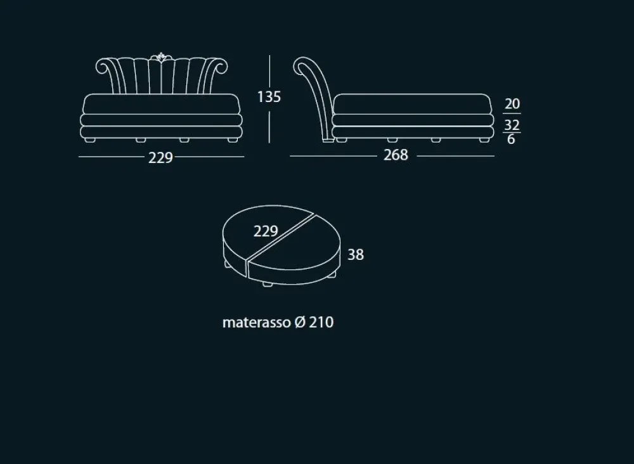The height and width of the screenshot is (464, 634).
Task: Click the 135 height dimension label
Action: (x=269, y=97)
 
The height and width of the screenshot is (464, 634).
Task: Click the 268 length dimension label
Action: (x=396, y=155)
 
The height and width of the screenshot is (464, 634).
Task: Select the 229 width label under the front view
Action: (x=160, y=158)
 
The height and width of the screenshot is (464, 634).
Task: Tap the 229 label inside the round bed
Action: (x=266, y=231)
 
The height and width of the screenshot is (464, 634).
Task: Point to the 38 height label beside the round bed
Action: (x=356, y=255)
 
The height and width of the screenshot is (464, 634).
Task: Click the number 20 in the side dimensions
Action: (x=512, y=104)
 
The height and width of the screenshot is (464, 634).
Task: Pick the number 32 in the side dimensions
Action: (x=512, y=125)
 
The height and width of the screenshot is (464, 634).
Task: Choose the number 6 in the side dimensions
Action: (x=511, y=139)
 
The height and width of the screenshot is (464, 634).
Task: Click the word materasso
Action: (x=256, y=323)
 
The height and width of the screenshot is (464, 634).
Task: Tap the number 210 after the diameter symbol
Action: (x=321, y=322)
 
